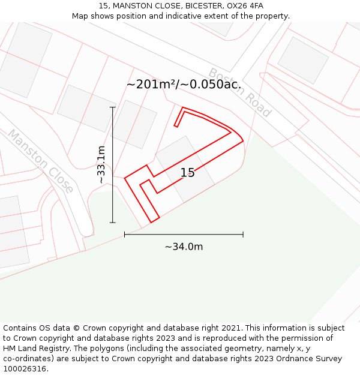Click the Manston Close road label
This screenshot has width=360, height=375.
click(40, 161)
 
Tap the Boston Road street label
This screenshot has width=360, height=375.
click(240, 92)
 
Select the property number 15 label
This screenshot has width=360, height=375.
click(187, 173)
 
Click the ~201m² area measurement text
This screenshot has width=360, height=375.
click(150, 85)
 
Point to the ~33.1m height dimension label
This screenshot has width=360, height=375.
click(101, 164)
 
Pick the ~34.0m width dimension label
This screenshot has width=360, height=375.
click(184, 247)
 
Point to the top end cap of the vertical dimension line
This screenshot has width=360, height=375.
click(112, 107)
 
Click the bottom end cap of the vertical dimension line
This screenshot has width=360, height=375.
click(112, 223)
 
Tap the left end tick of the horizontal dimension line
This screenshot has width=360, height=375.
click(124, 235)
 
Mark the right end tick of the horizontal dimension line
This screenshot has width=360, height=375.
click(243, 235)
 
